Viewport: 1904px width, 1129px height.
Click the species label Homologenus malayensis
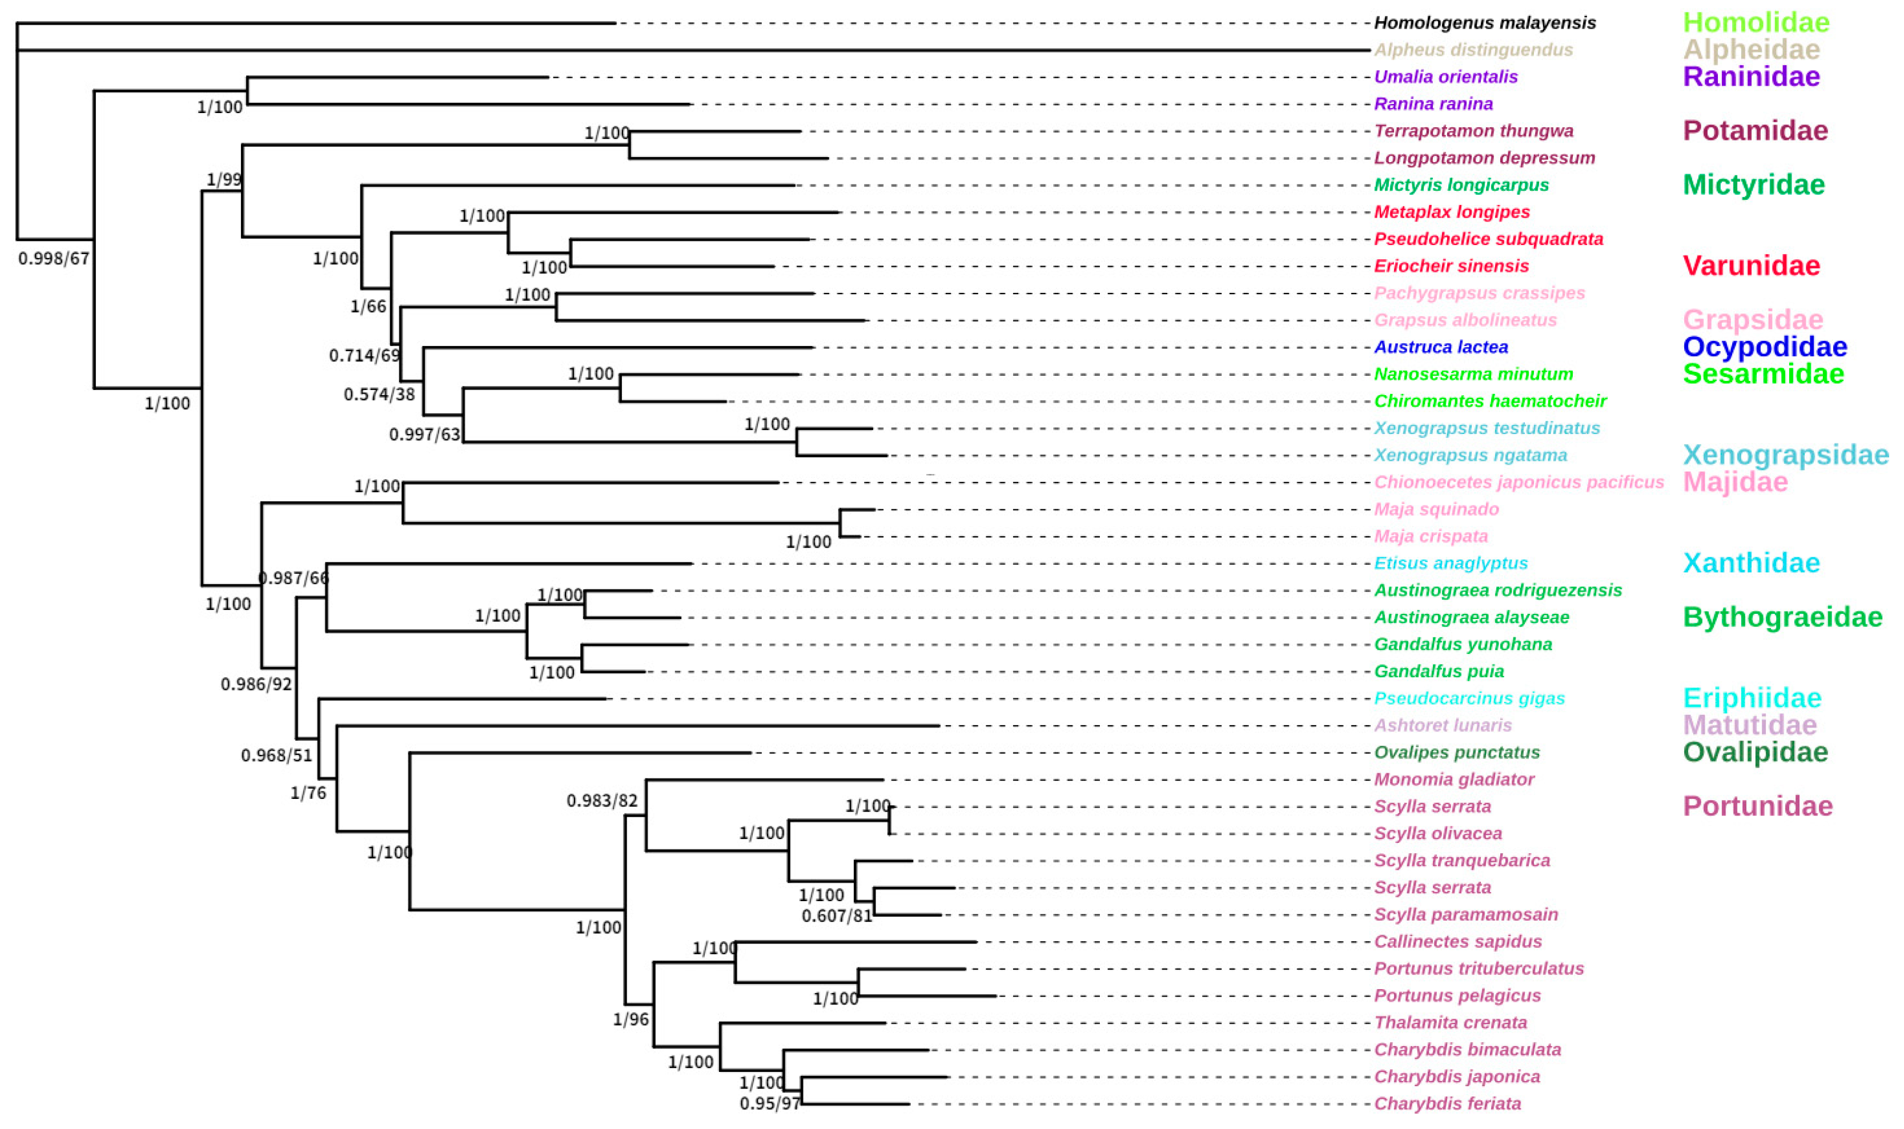point(1484,23)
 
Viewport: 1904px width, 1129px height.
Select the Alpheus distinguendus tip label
point(1473,50)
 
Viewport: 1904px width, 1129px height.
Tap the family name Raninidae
point(1751,77)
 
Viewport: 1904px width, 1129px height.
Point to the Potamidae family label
point(1755,131)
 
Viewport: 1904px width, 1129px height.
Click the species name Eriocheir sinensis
point(1451,266)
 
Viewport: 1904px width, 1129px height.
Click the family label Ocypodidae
point(1765,347)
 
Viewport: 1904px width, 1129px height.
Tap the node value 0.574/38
point(379,395)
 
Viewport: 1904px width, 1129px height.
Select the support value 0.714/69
point(364,355)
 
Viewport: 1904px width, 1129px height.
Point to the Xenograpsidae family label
point(1785,455)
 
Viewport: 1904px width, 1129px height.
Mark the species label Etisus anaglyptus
point(1451,564)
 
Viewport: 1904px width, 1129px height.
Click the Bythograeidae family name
point(1782,617)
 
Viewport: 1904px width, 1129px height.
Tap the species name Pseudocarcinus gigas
point(1469,698)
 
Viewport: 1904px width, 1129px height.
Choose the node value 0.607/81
point(836,916)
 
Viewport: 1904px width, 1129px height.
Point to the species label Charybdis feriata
point(1447,1104)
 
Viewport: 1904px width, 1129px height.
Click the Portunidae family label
point(1757,806)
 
